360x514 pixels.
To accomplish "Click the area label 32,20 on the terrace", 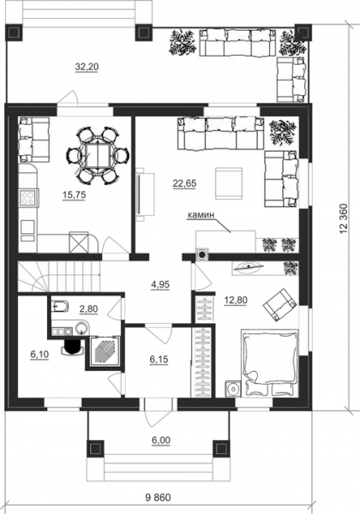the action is [x=87, y=67].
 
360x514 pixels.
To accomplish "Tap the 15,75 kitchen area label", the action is [x=74, y=195].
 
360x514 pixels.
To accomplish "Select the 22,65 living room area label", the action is [x=184, y=183].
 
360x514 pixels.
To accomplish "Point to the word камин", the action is [x=201, y=215].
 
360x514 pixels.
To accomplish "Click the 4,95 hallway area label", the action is [x=160, y=284].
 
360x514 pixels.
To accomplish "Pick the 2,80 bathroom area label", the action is [x=88, y=308].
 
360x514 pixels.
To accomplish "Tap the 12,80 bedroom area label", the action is [x=236, y=300].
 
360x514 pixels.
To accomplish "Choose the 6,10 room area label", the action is [x=39, y=355].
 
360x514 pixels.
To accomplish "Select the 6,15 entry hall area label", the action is [x=159, y=359].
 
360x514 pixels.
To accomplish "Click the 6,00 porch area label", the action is [x=160, y=440].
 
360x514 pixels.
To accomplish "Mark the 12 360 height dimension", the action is [x=344, y=219].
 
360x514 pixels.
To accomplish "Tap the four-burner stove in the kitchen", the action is [x=27, y=197].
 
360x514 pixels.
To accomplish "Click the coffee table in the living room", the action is [x=229, y=183].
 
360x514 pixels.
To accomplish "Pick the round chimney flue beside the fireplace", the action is [x=202, y=254].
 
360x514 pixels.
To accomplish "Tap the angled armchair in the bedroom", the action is [x=280, y=304].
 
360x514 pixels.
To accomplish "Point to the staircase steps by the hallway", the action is [x=59, y=276].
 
